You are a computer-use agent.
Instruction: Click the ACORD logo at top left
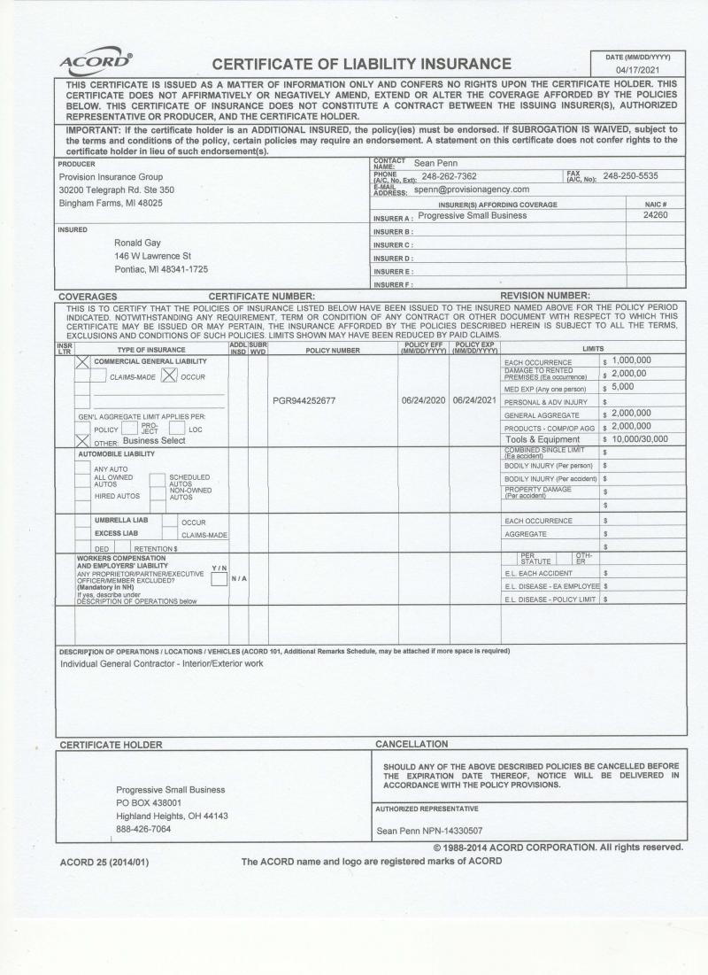96,62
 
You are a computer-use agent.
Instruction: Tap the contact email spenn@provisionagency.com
471,190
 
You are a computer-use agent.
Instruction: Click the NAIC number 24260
655,215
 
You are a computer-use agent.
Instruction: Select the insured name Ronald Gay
137,243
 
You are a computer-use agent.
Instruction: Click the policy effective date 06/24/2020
424,400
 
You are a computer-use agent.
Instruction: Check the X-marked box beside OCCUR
168,375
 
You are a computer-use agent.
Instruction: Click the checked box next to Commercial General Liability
82,362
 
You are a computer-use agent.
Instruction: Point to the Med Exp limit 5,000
622,387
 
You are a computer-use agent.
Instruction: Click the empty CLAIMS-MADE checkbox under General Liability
97,375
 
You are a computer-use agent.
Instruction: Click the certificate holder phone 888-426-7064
143,830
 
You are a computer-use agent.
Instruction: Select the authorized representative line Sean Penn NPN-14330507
429,831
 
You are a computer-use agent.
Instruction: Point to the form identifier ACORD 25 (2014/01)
98,862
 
